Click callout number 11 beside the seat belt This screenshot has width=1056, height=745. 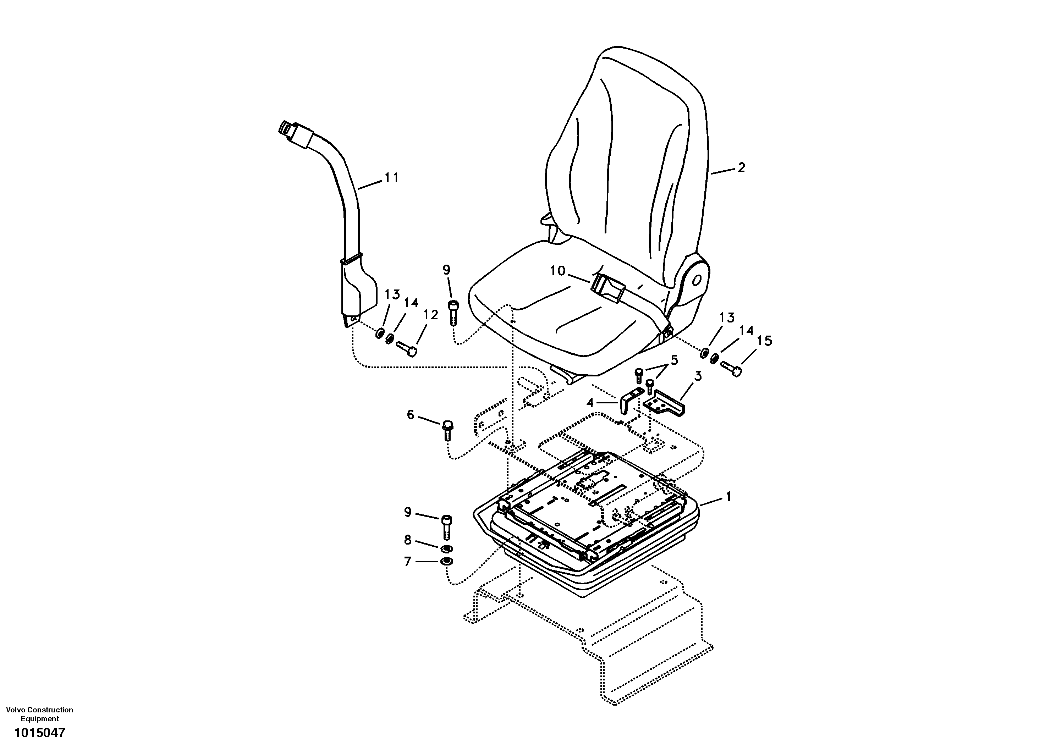pyautogui.click(x=392, y=177)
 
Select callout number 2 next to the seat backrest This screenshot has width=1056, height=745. pyautogui.click(x=741, y=168)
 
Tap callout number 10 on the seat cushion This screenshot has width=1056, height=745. pyautogui.click(x=558, y=271)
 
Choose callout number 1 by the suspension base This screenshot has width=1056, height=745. pyautogui.click(x=728, y=497)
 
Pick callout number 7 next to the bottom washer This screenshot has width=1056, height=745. pyautogui.click(x=407, y=562)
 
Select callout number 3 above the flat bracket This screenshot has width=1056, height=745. pyautogui.click(x=698, y=376)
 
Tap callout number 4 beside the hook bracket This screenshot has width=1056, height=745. pyautogui.click(x=590, y=403)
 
